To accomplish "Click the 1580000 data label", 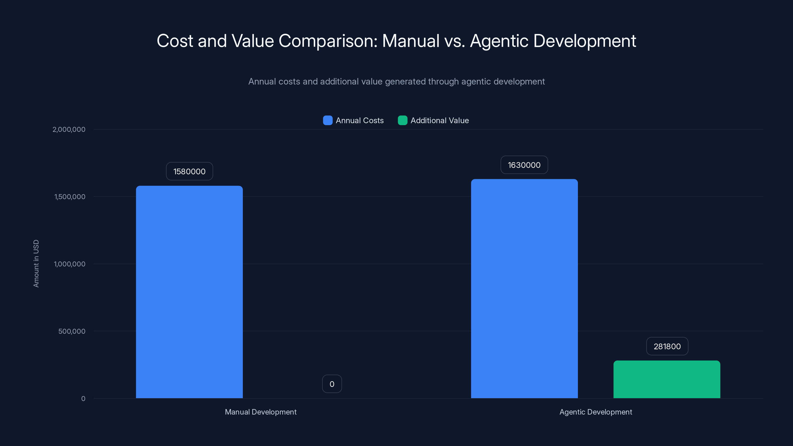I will point(189,171).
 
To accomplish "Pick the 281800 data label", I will point(667,346).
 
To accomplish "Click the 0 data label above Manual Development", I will point(332,384).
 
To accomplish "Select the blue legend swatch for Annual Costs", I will point(328,120).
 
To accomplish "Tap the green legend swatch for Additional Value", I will point(402,120).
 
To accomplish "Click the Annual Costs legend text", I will point(360,120).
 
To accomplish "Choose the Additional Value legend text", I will point(440,120).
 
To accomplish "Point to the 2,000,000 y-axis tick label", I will point(69,129).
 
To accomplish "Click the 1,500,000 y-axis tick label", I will point(70,197).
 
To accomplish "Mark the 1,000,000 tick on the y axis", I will point(70,264).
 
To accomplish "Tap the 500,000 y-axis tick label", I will point(72,331).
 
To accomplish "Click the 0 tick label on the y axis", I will point(83,399).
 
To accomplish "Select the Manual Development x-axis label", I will point(261,412).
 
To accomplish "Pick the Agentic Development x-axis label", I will point(596,412).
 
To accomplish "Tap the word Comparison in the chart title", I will point(328,41).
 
